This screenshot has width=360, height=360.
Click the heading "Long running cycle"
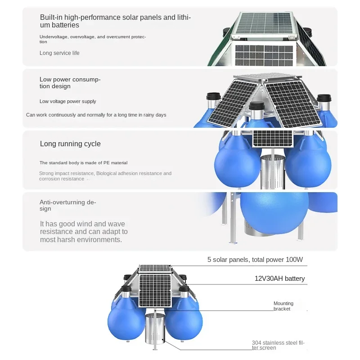point(70,144)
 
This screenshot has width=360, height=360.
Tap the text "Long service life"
point(59,53)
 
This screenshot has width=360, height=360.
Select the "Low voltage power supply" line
point(68,102)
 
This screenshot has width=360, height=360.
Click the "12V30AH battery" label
point(279,279)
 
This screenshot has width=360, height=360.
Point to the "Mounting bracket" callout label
point(283,306)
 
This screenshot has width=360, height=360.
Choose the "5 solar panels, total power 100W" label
point(255,260)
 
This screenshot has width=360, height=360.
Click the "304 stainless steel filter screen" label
point(278,345)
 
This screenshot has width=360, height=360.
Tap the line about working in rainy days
point(96,115)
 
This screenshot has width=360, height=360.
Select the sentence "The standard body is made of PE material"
point(83,163)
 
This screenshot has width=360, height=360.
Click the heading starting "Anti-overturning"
point(67,205)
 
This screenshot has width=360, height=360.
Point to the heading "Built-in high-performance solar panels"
point(115,21)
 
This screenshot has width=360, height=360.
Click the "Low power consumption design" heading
point(70,83)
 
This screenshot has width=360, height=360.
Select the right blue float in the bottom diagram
point(186,322)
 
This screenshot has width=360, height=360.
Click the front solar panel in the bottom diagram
point(155,291)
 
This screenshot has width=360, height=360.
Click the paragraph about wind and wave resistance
point(84,231)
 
